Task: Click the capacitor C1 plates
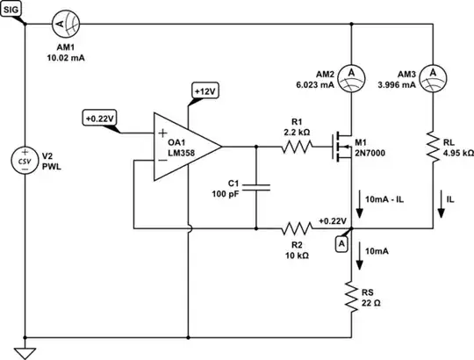tap(255, 187)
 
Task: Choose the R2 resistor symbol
tap(297, 228)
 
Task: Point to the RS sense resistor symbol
tap(350, 297)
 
